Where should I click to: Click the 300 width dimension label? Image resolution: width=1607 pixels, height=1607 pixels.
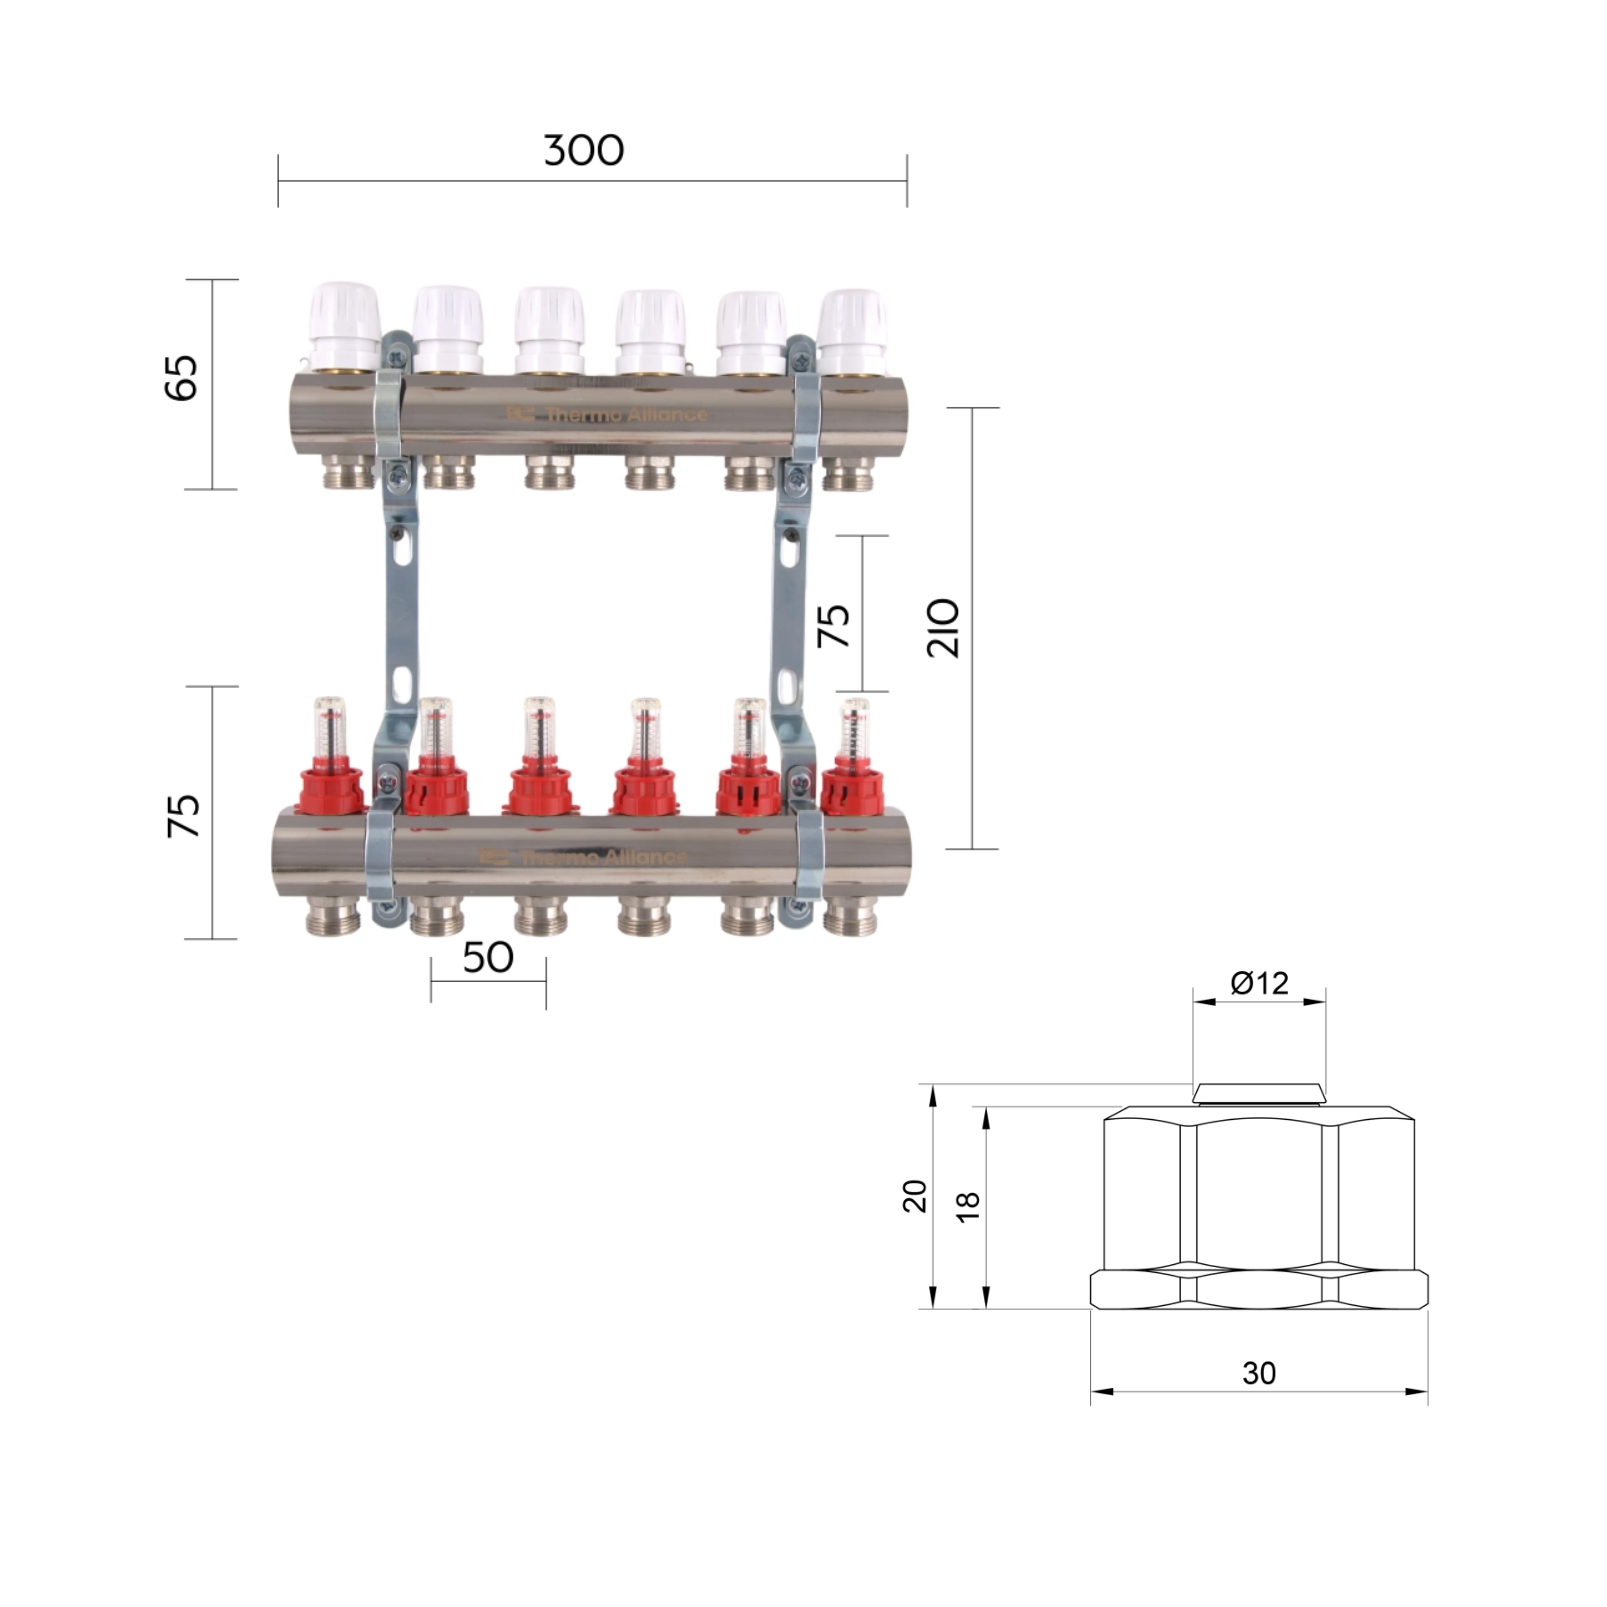point(583,151)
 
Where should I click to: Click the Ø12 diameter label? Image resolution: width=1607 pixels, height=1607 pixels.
point(1259,984)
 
